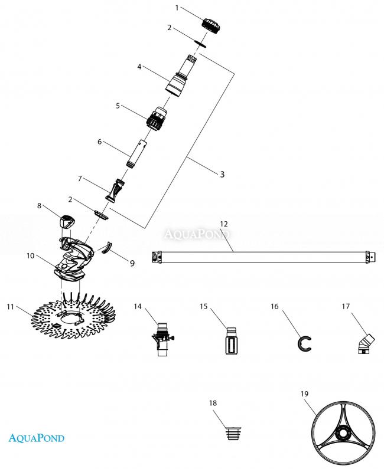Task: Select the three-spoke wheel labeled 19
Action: tap(343, 433)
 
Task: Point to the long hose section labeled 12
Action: tap(263, 257)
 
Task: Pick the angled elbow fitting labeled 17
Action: tap(366, 344)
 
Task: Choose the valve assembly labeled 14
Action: tap(162, 339)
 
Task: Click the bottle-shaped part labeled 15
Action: tap(232, 341)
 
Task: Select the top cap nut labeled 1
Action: tap(211, 25)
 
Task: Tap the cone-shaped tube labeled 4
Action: tap(181, 76)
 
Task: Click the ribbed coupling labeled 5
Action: tap(157, 117)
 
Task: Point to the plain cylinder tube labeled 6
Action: tap(136, 153)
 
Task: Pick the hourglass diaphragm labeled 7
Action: tap(115, 190)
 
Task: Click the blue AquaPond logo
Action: tap(37, 438)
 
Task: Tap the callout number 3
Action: tap(222, 175)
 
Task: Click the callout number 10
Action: tap(31, 256)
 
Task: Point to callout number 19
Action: tap(304, 394)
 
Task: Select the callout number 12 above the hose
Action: tap(224, 224)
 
